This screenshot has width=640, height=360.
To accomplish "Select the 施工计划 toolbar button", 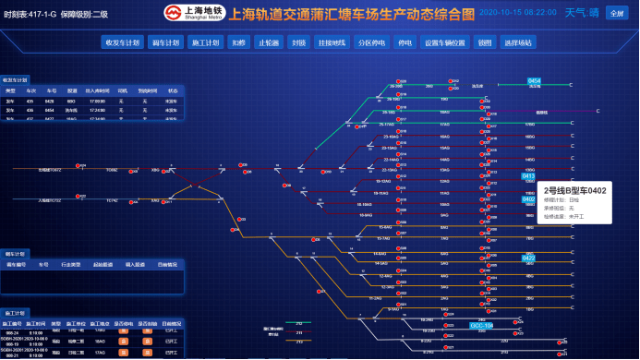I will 205,42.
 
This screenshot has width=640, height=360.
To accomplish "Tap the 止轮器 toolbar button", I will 269,42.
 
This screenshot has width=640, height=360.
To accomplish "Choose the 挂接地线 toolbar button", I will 330,42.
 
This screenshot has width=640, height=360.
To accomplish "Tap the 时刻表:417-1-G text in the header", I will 30,15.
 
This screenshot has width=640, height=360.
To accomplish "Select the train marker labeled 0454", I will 534,81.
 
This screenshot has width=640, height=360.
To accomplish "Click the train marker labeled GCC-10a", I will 481,326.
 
